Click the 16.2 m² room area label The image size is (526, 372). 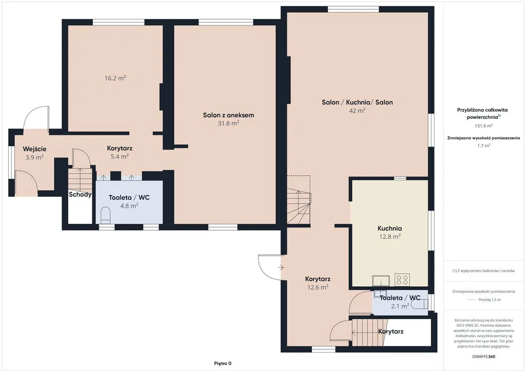[115, 78]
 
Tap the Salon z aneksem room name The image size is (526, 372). [229, 115]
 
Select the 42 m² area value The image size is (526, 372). [357, 110]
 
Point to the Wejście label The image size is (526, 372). [34, 149]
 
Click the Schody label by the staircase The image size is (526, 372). [80, 194]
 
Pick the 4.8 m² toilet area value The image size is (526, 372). [129, 206]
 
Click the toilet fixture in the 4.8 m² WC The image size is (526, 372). [106, 215]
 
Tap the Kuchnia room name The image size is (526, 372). [389, 229]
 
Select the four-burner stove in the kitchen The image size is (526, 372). [402, 280]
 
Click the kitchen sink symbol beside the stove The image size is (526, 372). [381, 280]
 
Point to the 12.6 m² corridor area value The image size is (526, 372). [317, 287]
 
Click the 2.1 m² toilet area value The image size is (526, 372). [400, 306]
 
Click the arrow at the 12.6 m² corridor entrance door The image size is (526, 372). [281, 268]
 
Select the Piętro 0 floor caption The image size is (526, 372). [223, 363]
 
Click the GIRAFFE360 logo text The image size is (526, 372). [483, 357]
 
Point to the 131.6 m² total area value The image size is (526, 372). [483, 126]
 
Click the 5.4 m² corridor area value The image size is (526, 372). [120, 156]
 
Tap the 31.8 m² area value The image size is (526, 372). [229, 123]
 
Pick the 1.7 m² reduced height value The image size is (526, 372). [483, 145]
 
